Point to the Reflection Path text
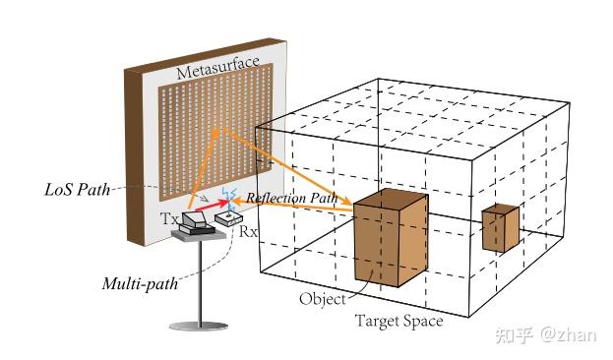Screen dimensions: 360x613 [x=291, y=198]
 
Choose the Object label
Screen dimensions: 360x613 [x=324, y=299]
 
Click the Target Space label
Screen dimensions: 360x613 [x=398, y=321]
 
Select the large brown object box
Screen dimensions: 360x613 [x=391, y=241]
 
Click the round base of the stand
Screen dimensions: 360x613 [x=198, y=326]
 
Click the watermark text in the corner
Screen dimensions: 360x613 [x=551, y=335]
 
